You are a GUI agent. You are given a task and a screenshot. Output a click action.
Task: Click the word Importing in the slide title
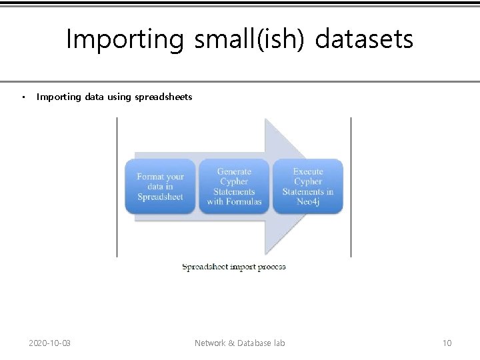click(125, 40)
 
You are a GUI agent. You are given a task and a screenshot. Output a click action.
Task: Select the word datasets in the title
click(364, 40)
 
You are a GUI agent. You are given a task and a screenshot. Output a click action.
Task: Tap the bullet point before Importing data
click(23, 97)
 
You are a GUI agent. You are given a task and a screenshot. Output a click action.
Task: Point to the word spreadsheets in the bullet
click(163, 97)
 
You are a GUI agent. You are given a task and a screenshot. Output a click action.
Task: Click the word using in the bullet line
click(119, 97)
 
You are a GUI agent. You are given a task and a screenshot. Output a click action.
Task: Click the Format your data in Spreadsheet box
click(160, 186)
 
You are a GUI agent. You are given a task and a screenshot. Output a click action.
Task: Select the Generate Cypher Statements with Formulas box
click(234, 186)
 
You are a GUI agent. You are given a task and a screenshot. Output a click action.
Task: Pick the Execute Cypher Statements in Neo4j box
click(308, 186)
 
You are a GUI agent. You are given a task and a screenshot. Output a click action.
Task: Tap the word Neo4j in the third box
click(308, 201)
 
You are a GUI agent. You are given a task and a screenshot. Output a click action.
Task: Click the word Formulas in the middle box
click(243, 201)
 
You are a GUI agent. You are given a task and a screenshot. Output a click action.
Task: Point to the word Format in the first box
click(151, 177)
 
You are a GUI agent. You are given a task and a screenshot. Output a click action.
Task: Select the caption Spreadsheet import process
click(234, 267)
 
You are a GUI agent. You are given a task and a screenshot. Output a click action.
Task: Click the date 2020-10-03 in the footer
click(50, 343)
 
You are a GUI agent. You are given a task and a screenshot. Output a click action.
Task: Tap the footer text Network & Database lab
click(239, 343)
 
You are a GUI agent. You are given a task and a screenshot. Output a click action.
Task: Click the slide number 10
click(447, 343)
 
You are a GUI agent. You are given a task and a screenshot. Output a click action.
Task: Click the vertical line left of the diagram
click(117, 187)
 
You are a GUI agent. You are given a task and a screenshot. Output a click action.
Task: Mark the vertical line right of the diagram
click(351, 187)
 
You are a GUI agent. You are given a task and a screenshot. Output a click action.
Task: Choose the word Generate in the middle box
click(234, 171)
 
